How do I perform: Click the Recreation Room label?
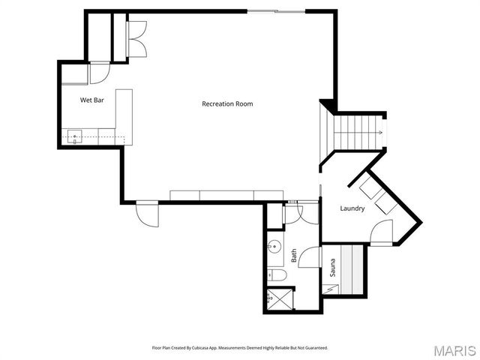coord(227,103)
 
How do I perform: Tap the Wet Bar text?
coord(92,99)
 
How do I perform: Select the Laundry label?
coord(352,208)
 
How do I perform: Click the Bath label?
coord(294,256)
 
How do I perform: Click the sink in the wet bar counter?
coord(75,136)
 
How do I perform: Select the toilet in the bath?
coord(276,277)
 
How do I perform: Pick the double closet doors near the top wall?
coord(136,37)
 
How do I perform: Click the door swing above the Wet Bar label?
coord(99,73)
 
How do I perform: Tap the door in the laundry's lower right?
coord(382,232)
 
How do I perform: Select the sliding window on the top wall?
coord(275,11)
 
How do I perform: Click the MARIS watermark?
coord(453,349)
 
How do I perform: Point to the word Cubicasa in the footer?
coord(210,348)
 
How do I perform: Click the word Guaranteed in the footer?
coord(314,348)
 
